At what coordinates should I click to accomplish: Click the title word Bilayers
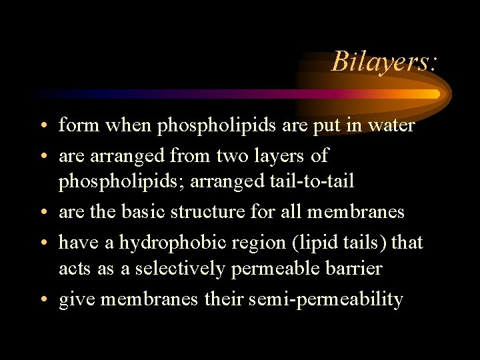pyautogui.click(x=384, y=61)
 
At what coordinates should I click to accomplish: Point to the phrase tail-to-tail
pyautogui.click(x=321, y=182)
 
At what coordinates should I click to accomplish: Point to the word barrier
pyautogui.click(x=360, y=269)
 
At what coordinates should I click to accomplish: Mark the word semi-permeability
pyautogui.click(x=325, y=299)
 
